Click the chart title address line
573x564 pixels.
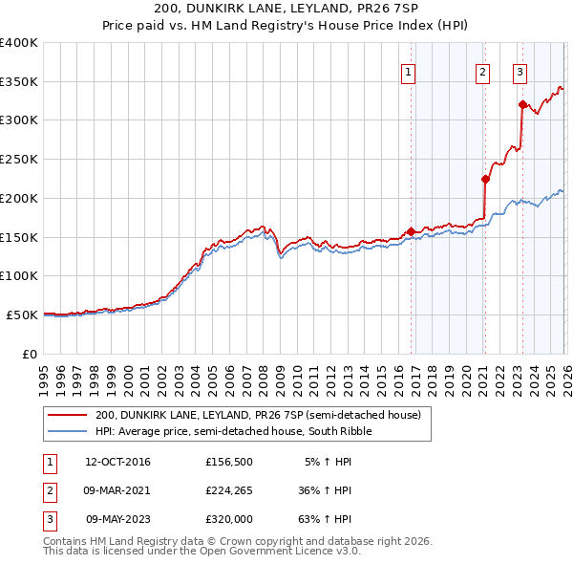[x=286, y=9]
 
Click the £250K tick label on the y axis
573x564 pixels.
[x=18, y=160]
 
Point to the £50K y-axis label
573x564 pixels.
[x=22, y=315]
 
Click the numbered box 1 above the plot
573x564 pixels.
[x=408, y=71]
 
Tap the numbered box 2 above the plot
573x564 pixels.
[x=483, y=71]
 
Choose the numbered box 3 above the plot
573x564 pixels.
[x=520, y=71]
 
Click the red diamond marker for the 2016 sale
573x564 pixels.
[x=411, y=231]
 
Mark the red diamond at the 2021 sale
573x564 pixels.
[x=485, y=179]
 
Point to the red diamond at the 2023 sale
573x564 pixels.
[x=522, y=104]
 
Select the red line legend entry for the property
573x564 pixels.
[x=239, y=415]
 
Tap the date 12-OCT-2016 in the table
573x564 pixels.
[x=117, y=462]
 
